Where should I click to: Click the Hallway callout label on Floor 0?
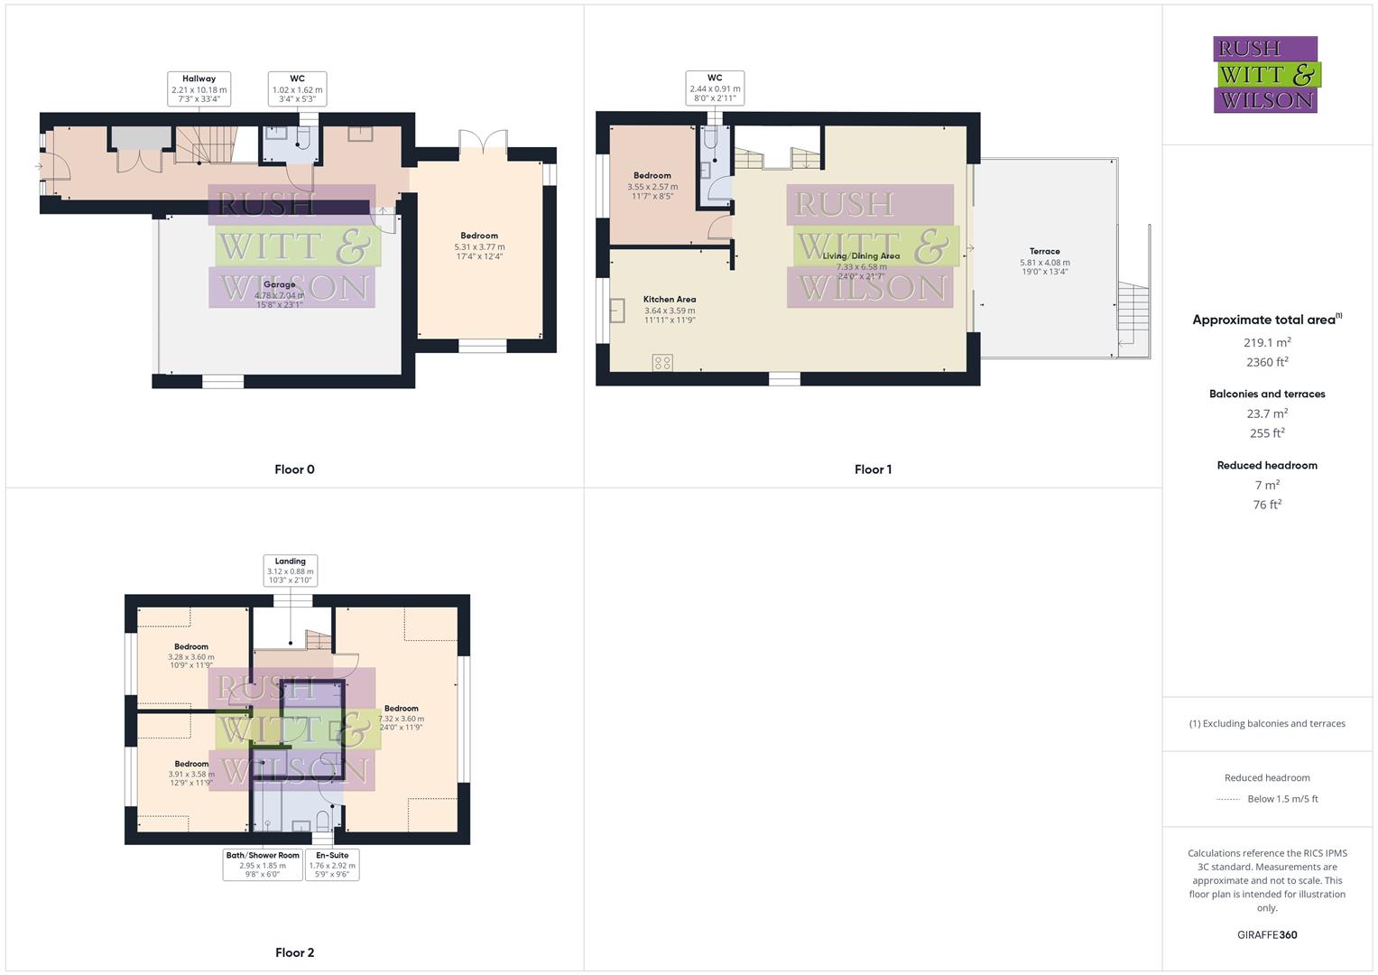199,89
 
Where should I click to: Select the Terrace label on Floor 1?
1044,261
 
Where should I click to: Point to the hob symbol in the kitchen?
662,363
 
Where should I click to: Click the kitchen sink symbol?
618,311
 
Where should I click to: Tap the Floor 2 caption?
294,952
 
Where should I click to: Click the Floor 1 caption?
873,469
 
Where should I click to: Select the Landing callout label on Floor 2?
290,571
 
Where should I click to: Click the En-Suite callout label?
331,865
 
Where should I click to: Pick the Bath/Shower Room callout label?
263,865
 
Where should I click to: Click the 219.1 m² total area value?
1266,342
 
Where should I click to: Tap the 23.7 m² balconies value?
1266,413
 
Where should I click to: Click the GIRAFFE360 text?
1266,934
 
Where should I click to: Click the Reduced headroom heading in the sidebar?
1266,465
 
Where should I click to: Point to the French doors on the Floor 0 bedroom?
483,143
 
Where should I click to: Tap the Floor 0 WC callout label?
297,89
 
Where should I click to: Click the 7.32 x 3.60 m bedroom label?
401,718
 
